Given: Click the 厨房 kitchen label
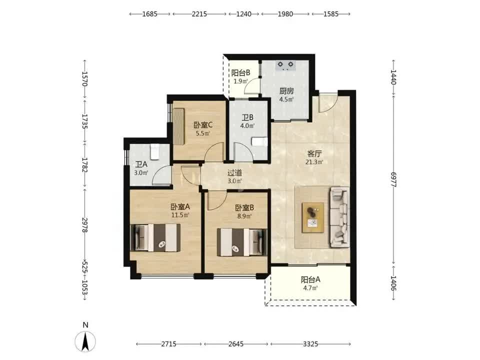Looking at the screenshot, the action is pos(286,91).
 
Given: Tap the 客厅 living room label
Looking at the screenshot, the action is pos(314,153).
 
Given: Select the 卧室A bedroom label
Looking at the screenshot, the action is pos(180,206).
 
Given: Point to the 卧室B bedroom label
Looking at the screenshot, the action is pos(244,208).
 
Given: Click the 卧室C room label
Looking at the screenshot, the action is pos(203,125).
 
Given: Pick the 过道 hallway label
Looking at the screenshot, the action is pos(235,172).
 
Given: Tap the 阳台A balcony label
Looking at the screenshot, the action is pos(310,279).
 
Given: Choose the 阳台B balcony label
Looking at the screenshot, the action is pos(240,73).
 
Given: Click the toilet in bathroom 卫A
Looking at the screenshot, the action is pos(155,152).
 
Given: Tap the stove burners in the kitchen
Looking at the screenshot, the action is pos(285,65).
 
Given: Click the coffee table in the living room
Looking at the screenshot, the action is pos(313,217).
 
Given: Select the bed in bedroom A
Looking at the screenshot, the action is pos(155,238).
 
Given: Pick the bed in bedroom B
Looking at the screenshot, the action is pos(242,242).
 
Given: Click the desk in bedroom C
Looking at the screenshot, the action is pos(179,126).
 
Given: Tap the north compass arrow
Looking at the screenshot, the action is pos(85,341).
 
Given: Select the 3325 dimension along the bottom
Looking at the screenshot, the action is pos(310,344).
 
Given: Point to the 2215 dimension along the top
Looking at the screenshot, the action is pos(199,14).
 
